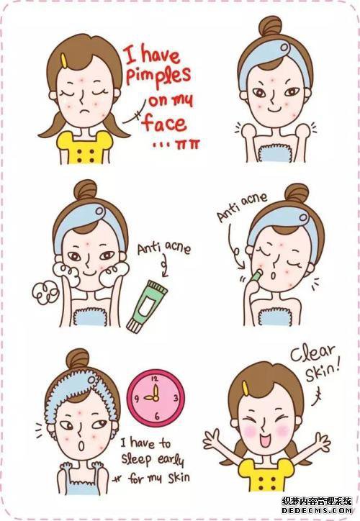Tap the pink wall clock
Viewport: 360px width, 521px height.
pos(156,399)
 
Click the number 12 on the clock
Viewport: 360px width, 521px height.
pos(156,379)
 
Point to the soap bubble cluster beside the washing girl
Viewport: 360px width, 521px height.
pos(45,293)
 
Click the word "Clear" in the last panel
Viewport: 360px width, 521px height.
pos(312,353)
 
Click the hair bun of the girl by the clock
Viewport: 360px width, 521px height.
pos(78,361)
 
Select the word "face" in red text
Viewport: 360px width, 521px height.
pos(164,123)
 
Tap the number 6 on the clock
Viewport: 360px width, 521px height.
pos(157,416)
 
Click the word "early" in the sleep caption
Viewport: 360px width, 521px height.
pos(171,460)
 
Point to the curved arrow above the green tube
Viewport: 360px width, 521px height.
pos(164,266)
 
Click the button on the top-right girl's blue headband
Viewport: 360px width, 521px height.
pos(284,47)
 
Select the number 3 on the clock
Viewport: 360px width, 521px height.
pos(176,398)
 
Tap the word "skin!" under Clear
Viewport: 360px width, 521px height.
pos(323,371)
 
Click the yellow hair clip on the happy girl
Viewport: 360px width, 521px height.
pos(246,389)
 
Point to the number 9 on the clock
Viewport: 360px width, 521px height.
pos(137,398)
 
